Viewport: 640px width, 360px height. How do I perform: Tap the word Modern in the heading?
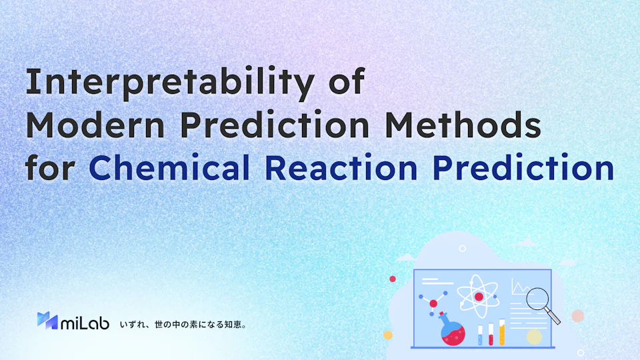click(95, 125)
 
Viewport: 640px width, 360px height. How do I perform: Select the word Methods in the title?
click(463, 125)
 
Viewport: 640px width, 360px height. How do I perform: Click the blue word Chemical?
click(169, 167)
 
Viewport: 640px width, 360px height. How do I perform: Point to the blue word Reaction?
click(341, 167)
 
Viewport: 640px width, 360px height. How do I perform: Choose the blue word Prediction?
click(524, 167)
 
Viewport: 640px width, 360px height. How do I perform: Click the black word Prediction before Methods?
click(275, 125)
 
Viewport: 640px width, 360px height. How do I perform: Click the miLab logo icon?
click(47, 321)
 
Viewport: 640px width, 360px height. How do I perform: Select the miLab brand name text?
click(85, 323)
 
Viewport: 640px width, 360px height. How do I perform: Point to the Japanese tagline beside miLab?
click(183, 325)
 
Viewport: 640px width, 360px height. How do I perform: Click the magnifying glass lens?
click(537, 299)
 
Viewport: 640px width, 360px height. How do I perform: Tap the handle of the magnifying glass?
click(553, 315)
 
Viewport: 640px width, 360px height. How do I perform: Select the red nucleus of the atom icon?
click(479, 297)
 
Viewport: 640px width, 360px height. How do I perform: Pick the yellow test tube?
click(502, 332)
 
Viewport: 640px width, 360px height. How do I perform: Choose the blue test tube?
click(480, 335)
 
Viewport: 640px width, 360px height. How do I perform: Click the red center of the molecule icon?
click(433, 304)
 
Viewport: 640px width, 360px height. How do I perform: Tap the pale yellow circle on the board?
click(534, 337)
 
